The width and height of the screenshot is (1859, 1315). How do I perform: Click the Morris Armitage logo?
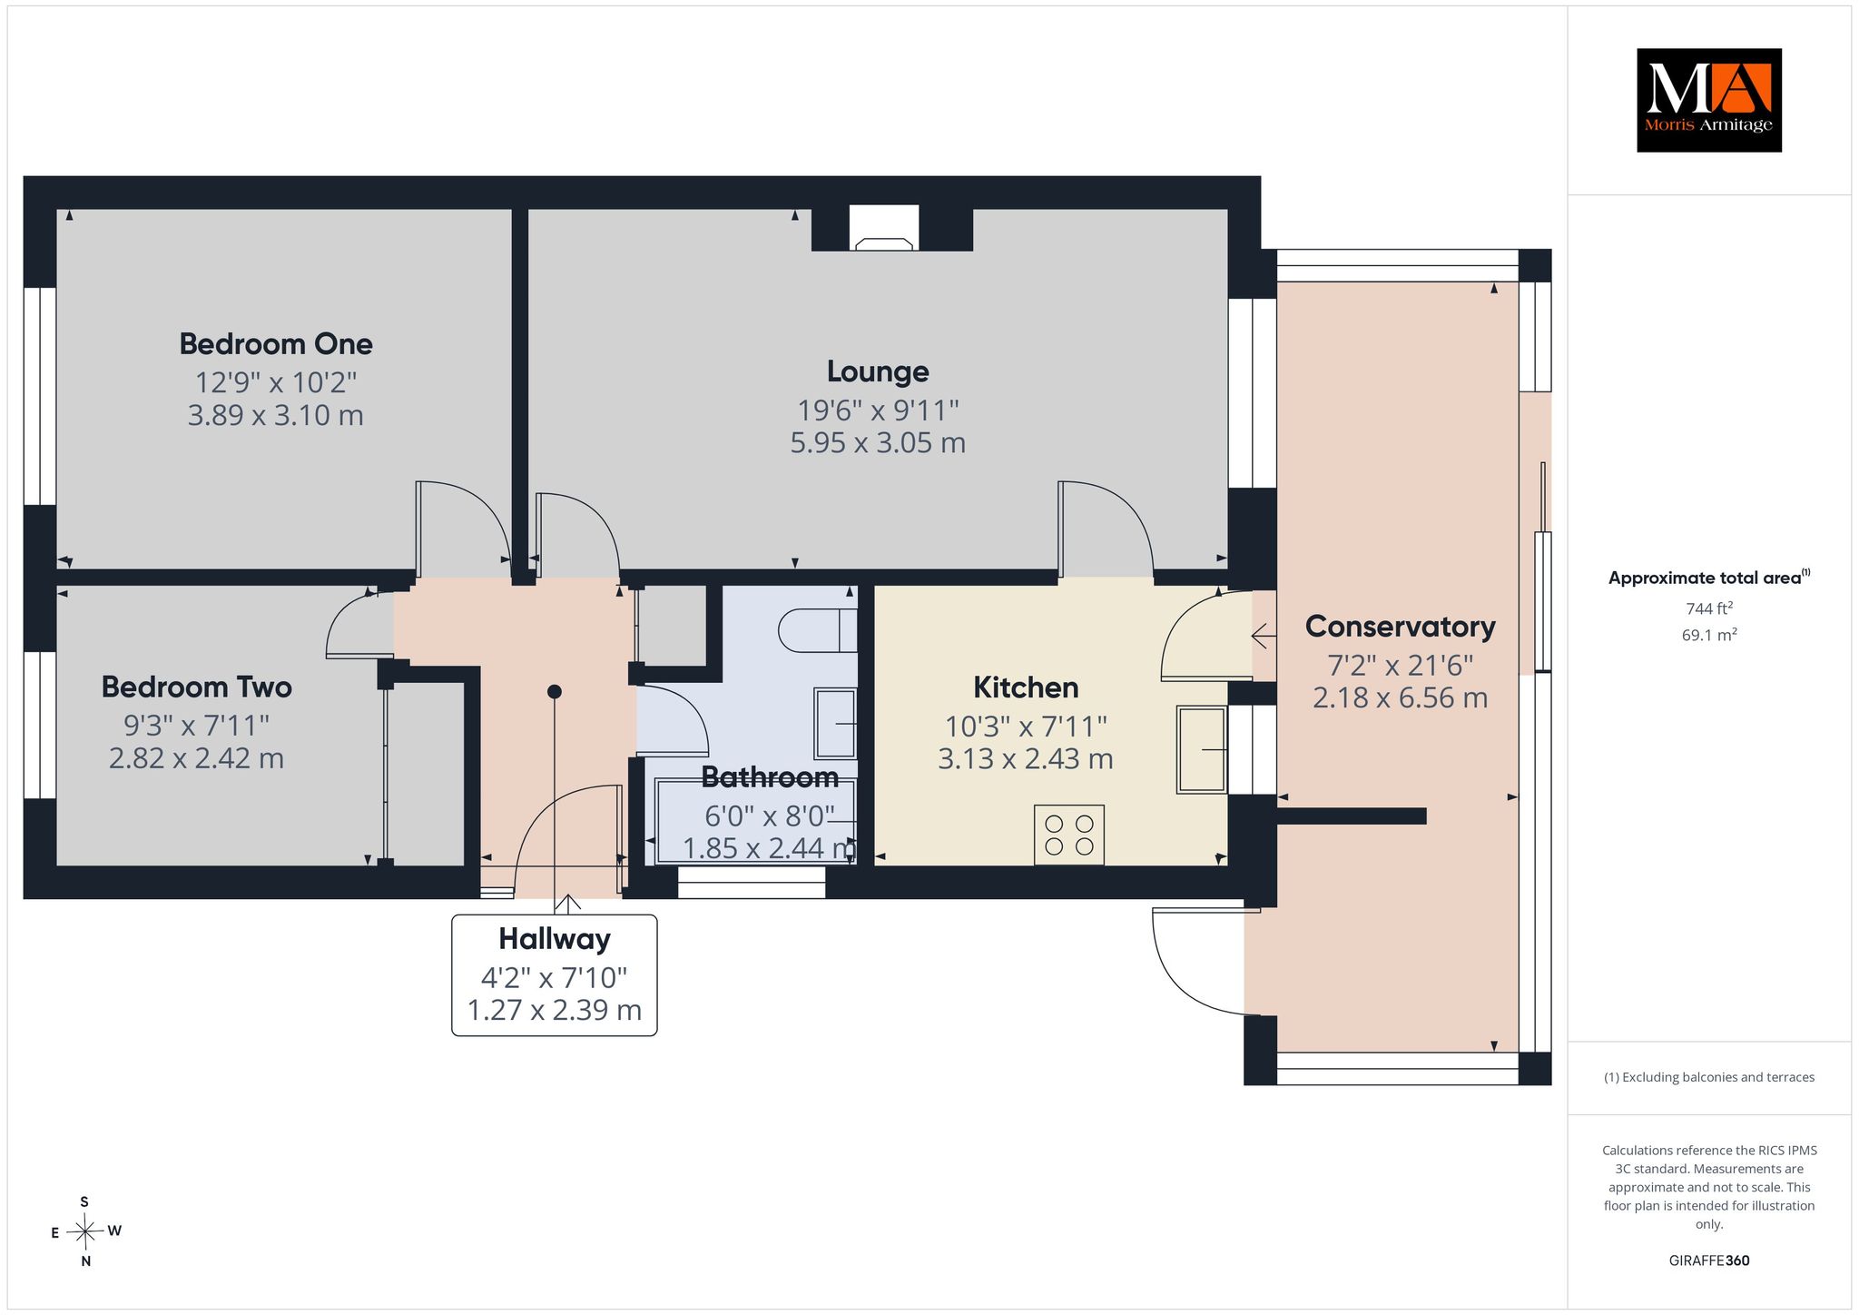click(1708, 100)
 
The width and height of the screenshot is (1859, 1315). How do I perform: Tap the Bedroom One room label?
click(276, 344)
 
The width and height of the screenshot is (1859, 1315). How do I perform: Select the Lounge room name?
click(878, 371)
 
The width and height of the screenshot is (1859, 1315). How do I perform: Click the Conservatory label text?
click(1400, 627)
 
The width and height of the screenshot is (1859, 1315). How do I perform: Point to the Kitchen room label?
click(1026, 687)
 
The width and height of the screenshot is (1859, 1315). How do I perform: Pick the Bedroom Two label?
click(196, 687)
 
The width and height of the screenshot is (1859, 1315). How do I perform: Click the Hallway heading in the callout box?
click(554, 939)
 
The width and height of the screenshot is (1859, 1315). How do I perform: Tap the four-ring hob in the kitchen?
click(1069, 835)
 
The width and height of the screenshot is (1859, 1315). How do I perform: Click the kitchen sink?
click(1203, 749)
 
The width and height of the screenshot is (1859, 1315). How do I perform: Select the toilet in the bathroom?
click(818, 630)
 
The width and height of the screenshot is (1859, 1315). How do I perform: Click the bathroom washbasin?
click(835, 723)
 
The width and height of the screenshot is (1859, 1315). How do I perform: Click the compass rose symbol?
click(85, 1231)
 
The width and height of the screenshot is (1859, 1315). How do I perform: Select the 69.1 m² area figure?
click(1709, 635)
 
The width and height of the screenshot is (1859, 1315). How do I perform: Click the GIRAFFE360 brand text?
click(1709, 1261)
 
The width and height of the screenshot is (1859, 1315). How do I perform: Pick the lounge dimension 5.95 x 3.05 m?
click(878, 443)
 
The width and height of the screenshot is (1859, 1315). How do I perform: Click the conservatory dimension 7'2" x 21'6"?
click(1400, 666)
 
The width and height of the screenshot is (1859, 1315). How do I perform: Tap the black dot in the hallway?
click(555, 692)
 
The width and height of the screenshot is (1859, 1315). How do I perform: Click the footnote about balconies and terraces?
click(1709, 1077)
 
